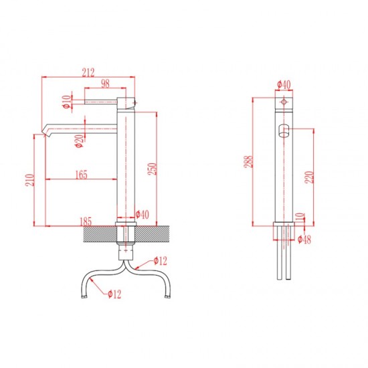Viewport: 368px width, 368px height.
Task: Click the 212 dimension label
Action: pos(88,72)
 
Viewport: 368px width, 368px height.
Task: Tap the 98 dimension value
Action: pos(105,84)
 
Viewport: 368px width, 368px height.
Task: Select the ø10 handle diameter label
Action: pos(67,102)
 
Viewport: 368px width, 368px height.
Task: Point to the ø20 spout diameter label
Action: pos(80,141)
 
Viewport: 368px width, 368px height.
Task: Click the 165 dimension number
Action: pos(82,175)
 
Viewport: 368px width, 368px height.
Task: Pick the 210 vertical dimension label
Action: pos(30,180)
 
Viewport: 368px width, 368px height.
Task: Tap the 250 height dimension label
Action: pos(152,169)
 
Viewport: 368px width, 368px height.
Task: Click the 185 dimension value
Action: pos(86,221)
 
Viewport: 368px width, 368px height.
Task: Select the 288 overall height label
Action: pos(248,161)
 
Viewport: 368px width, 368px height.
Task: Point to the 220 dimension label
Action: pos(309,177)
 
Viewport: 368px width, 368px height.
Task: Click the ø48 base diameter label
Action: pos(304,240)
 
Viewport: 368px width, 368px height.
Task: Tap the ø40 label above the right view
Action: pos(284,84)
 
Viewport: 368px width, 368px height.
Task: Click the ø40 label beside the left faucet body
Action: pos(143,215)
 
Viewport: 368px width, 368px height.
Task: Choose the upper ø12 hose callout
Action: pos(161,261)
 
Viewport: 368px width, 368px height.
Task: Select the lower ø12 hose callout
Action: pos(114,294)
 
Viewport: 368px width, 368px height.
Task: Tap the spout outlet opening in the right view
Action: pos(284,131)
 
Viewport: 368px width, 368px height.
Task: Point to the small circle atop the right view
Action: pos(284,102)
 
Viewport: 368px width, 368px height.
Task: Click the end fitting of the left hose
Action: pos(84,297)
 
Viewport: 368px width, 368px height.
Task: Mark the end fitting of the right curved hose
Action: pos(167,297)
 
